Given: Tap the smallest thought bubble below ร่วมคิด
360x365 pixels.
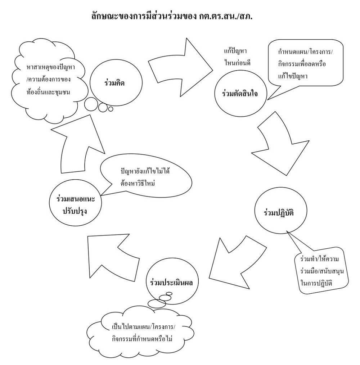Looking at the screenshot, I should tap(111, 108).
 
